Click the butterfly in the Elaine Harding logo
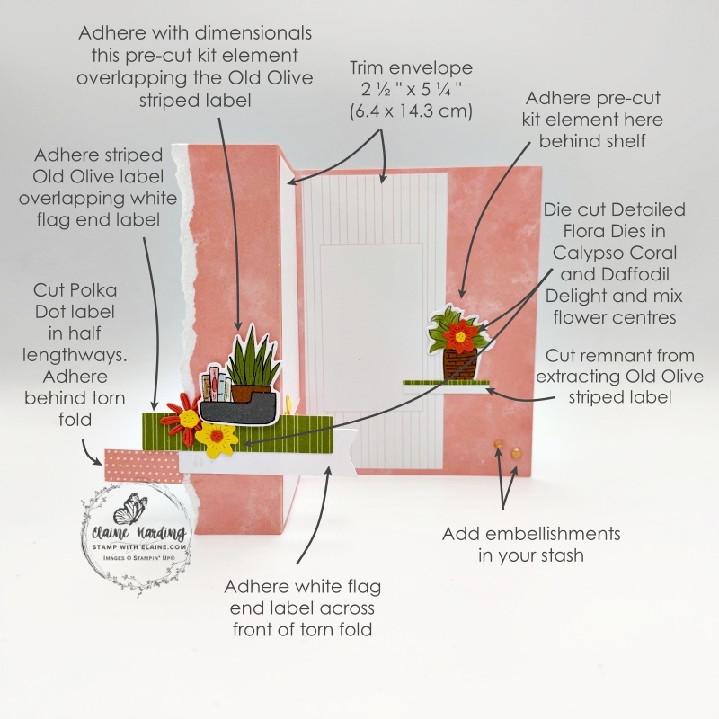pos(127,509)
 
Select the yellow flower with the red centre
pos(217,440)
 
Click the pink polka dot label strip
pos(144,465)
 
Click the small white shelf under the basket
pos(444,386)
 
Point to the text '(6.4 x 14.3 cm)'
pos(411,111)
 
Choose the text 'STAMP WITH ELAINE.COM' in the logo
pos(139,547)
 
